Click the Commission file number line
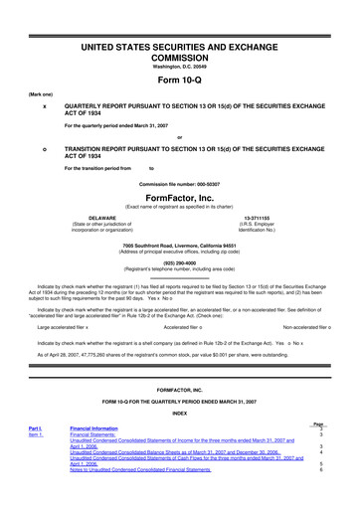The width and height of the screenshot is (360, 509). tap(179, 184)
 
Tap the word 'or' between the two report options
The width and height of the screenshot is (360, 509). tap(179, 136)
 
